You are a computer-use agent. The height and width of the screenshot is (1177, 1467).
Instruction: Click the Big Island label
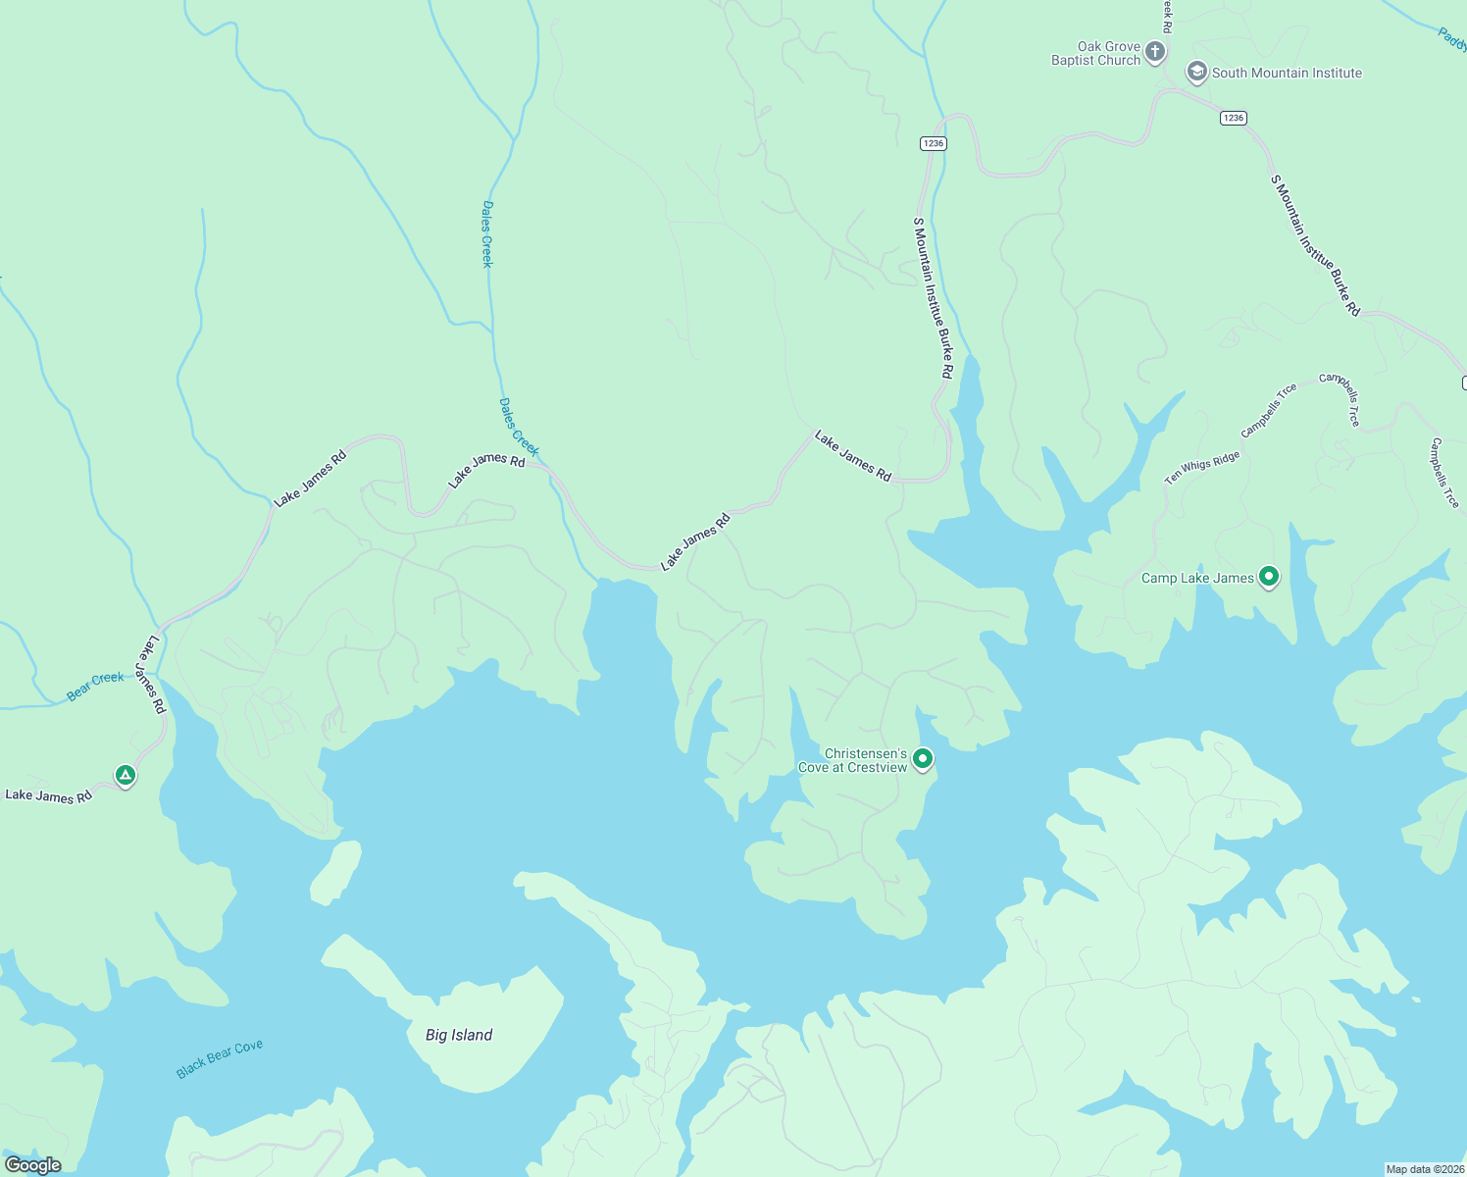[x=459, y=1035]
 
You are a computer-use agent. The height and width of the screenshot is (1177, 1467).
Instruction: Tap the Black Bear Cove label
[x=220, y=1059]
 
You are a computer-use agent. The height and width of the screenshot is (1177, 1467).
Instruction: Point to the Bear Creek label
[x=95, y=686]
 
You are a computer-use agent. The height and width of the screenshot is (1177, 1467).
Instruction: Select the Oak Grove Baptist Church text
[x=1095, y=53]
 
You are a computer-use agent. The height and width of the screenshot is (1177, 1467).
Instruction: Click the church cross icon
[x=1155, y=52]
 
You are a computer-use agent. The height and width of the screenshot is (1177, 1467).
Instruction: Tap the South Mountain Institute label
[x=1287, y=73]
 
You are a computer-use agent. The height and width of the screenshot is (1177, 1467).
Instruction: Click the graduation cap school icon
[x=1196, y=72]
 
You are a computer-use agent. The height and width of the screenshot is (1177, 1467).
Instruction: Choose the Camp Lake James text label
[x=1197, y=578]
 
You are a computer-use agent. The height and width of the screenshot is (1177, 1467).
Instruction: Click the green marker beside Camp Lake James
[x=1269, y=577]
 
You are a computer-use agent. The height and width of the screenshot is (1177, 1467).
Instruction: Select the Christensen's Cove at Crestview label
[x=853, y=760]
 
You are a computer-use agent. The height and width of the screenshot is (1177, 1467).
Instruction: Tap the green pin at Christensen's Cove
[x=923, y=758]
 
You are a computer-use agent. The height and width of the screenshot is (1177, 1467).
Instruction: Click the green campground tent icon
[x=125, y=776]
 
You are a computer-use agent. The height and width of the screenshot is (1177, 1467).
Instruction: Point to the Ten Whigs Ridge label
[x=1202, y=468]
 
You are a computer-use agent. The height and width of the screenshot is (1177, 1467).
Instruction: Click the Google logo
[x=33, y=1165]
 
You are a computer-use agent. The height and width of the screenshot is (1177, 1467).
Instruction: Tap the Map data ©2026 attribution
[x=1424, y=1169]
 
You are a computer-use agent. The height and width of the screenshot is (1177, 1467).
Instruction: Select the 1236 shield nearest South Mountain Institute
[x=1234, y=118]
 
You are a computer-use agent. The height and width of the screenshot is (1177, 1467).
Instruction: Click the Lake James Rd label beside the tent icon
[x=48, y=795]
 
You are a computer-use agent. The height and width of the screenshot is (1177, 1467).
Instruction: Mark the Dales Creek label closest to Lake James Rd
[x=519, y=427]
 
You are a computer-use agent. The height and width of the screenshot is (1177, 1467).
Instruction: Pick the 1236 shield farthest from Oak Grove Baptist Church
[x=933, y=143]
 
